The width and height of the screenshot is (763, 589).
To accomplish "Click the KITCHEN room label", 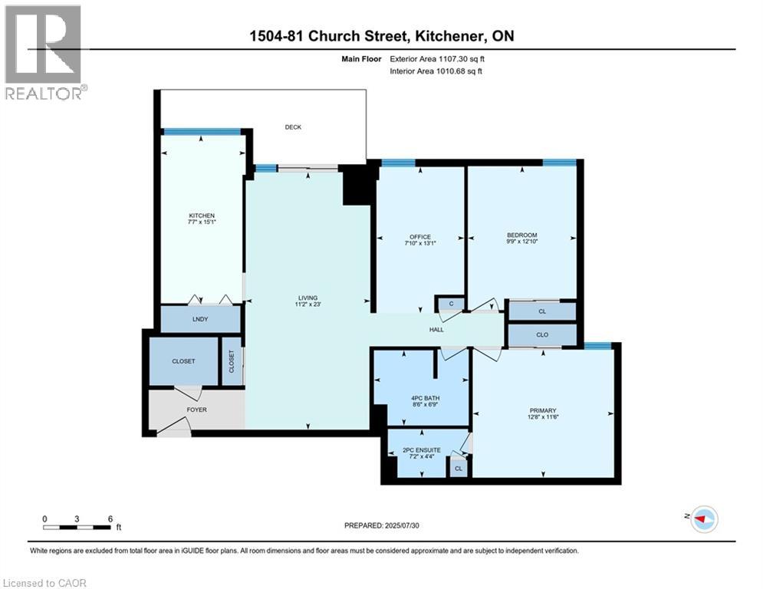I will pos(202,216).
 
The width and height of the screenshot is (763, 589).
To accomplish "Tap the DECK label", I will pos(293,127).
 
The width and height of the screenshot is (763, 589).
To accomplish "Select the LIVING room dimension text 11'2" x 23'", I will pos(308,305).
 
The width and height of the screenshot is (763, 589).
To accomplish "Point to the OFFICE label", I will pos(419,237).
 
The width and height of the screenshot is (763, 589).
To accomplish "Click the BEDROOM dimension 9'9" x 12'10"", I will pos(521,243).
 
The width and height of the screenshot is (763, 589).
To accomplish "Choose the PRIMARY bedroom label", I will pos(542,410).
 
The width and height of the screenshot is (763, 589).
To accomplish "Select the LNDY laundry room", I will pos(199,319).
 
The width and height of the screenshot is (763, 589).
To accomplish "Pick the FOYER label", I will pos(196,410).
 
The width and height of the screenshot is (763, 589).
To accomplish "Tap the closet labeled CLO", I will pos(542,335).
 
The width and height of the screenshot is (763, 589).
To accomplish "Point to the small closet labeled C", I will pos(452,304).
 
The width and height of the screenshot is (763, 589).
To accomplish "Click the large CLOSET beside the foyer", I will pos(183,361).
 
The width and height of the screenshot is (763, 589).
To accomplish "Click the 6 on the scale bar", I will pos(110,518).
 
